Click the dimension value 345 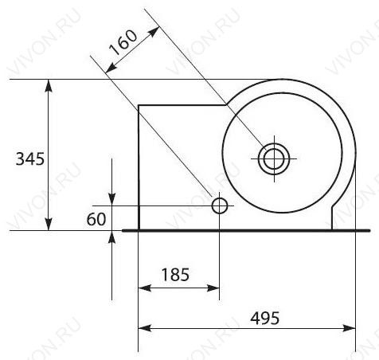pyautogui.click(x=30, y=159)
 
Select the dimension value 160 pyautogui.click(x=123, y=41)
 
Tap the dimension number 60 pyautogui.click(x=96, y=219)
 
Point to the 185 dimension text pyautogui.click(x=175, y=275)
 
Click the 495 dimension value pyautogui.click(x=265, y=318)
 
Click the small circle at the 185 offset pyautogui.click(x=220, y=205)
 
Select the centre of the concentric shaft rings pyautogui.click(x=274, y=158)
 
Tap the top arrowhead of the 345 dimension pyautogui.click(x=49, y=85)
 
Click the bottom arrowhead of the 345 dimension pyautogui.click(x=49, y=225)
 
